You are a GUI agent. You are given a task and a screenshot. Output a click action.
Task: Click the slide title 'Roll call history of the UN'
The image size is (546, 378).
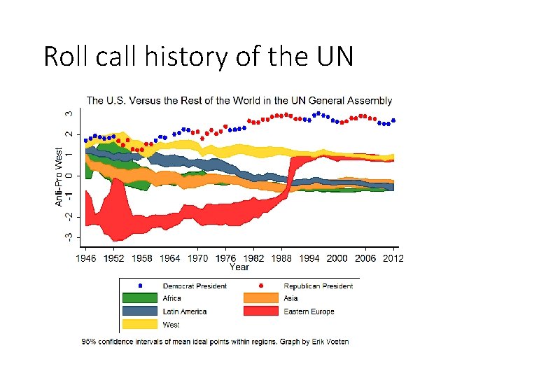pos(198,56)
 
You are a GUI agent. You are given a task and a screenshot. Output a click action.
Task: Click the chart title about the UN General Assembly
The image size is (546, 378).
pos(239,101)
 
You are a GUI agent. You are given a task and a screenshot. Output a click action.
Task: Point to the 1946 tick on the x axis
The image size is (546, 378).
pos(85,258)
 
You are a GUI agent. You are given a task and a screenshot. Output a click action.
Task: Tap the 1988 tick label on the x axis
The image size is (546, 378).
pos(281,258)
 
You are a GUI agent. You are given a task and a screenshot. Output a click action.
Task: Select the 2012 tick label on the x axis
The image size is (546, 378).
pos(393,258)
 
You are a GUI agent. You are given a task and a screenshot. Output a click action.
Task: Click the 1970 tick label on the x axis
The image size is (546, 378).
pos(197,258)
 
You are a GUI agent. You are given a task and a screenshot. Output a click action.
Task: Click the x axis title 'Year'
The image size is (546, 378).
pos(239,267)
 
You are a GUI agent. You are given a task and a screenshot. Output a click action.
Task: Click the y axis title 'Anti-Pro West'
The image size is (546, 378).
pos(59,176)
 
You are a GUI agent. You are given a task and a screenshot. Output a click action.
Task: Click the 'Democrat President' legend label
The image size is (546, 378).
pos(194,286)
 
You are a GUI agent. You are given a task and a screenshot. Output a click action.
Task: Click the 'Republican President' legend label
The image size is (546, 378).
pos(318,286)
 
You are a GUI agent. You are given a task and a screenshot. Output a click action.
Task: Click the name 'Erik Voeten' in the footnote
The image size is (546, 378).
pos(330,342)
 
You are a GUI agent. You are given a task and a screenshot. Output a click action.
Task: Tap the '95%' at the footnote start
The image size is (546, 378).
pos(89,342)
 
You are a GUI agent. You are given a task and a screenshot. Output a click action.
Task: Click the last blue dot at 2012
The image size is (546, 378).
pos(393,120)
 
